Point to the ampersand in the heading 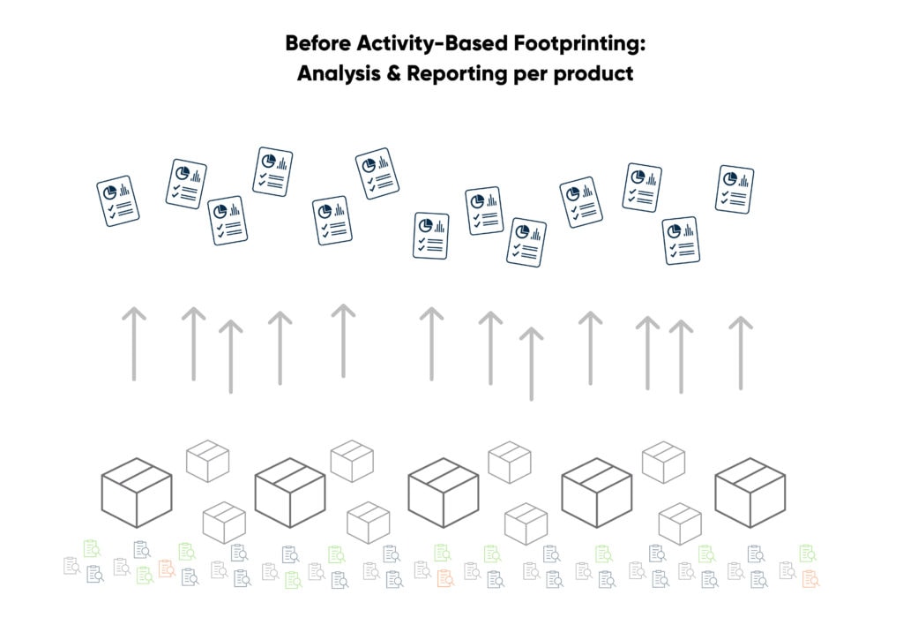(393, 73)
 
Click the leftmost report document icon (118, 200)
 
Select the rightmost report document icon (734, 189)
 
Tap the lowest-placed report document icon (526, 243)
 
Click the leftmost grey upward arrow (134, 343)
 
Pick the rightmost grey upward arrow (741, 352)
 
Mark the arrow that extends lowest (531, 363)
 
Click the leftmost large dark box (136, 492)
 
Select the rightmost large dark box (750, 492)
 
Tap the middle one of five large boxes (443, 492)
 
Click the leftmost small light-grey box (208, 461)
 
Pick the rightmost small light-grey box (680, 523)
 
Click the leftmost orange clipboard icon (166, 569)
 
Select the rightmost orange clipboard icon (810, 579)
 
